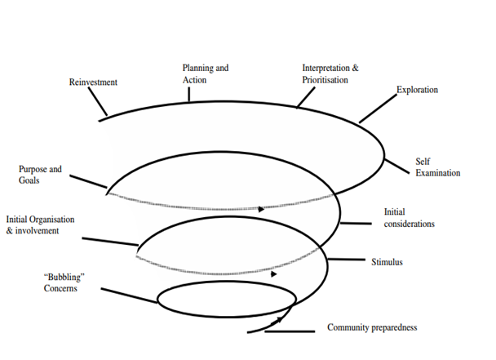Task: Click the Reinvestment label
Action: click(x=94, y=82)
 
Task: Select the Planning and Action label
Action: click(x=206, y=74)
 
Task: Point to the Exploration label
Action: click(x=417, y=89)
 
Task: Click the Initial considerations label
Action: click(x=409, y=218)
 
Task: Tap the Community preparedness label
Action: click(x=372, y=327)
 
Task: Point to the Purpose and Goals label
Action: click(x=40, y=175)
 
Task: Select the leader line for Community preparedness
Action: click(x=290, y=331)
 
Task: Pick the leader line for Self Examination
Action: click(x=396, y=166)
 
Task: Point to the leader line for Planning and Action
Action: click(x=189, y=94)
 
